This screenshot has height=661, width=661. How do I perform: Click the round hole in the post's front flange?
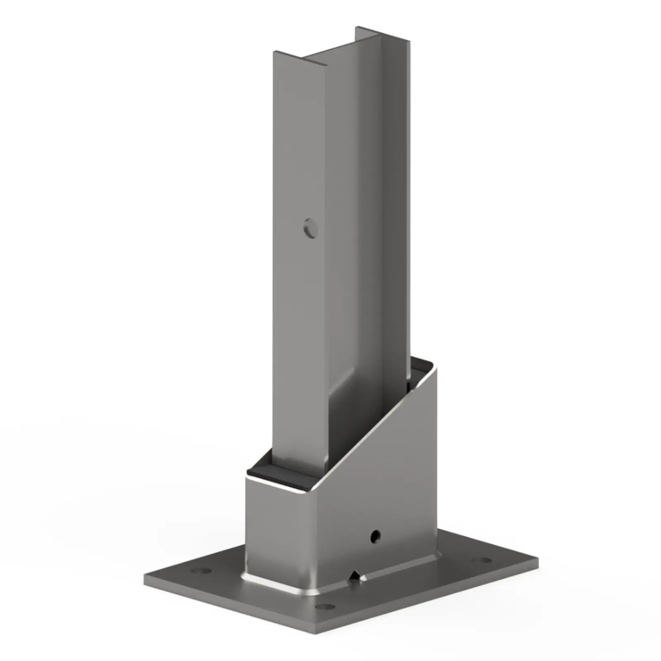point(310,228)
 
